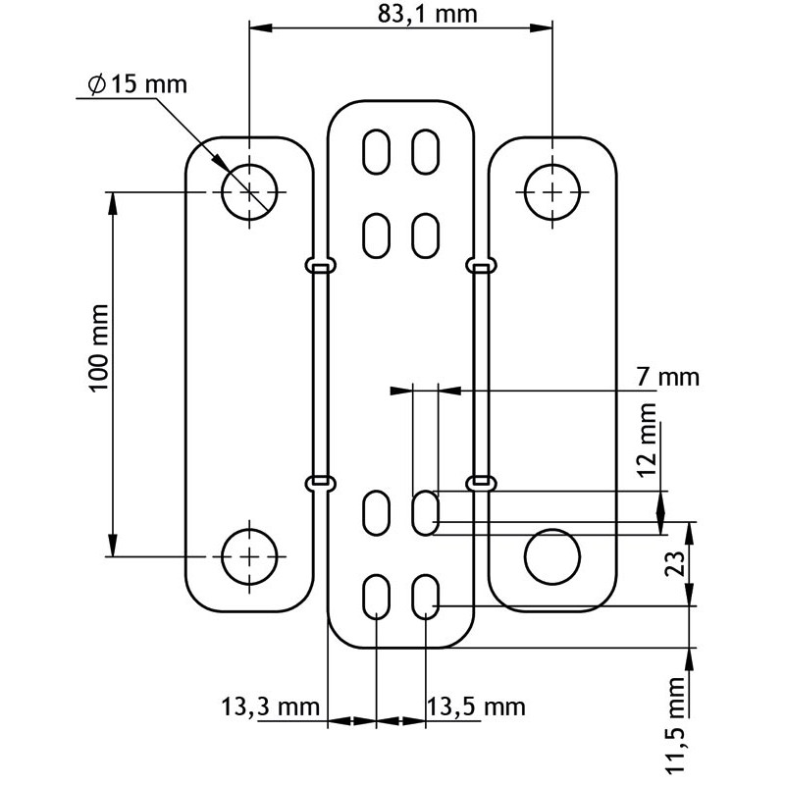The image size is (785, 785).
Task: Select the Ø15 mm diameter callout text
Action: [x=136, y=84]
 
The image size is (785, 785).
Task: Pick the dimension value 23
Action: [x=673, y=564]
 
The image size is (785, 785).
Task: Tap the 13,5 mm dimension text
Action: [x=476, y=706]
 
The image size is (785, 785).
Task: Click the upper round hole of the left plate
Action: [x=251, y=191]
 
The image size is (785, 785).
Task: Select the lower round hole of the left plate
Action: [x=251, y=556]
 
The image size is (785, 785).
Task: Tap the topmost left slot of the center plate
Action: [x=377, y=151]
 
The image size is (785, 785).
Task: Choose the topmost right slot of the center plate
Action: [x=425, y=151]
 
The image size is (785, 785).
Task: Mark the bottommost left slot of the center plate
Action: [x=377, y=597]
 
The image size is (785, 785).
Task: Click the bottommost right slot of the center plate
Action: [x=425, y=597]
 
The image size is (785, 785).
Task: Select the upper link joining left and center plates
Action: [x=319, y=264]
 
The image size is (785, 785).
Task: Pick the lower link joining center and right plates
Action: [x=480, y=482]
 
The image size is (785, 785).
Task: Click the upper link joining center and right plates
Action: [x=480, y=264]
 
